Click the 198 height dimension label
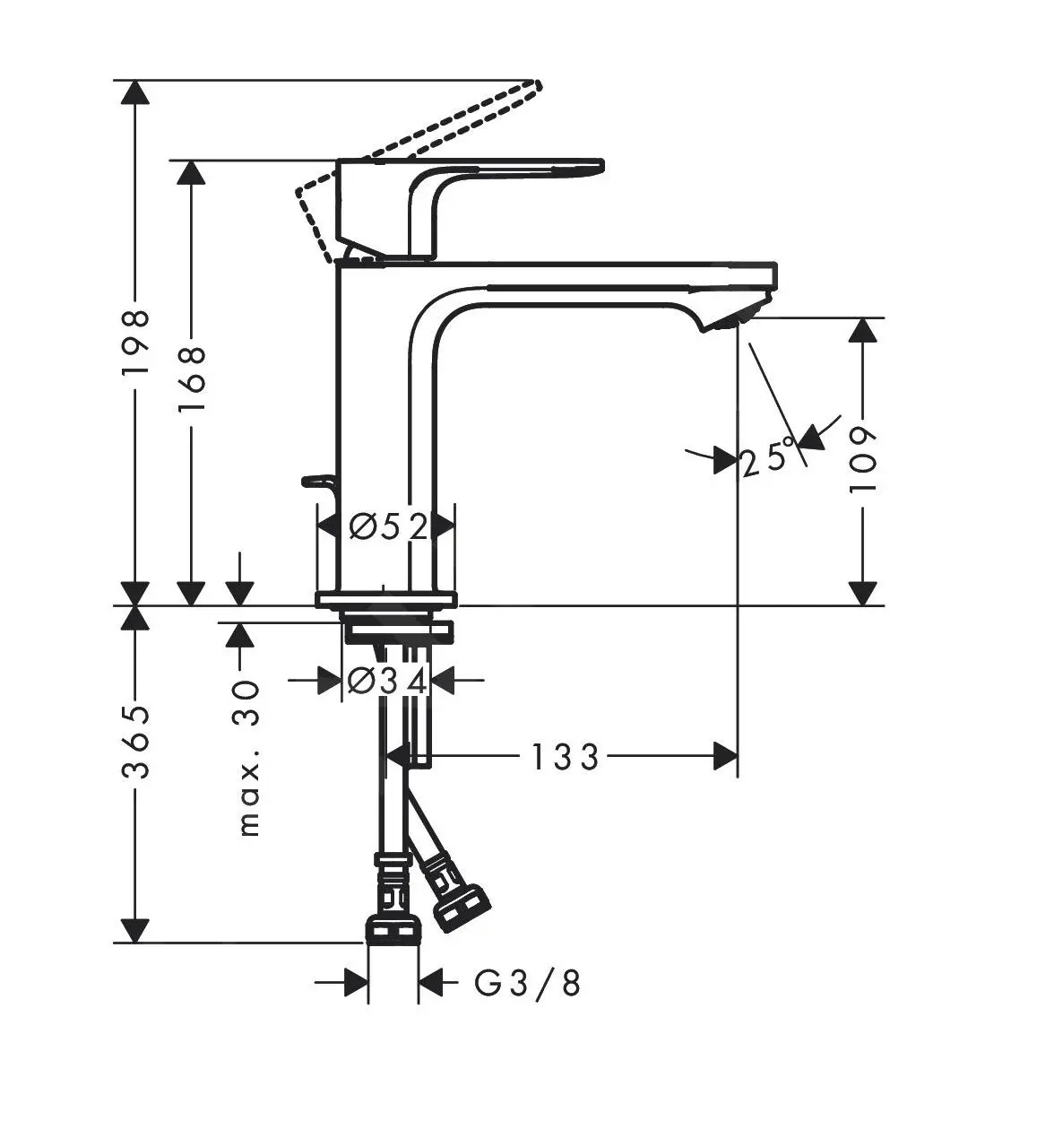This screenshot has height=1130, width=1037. click(134, 343)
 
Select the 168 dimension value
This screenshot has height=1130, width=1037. click(191, 378)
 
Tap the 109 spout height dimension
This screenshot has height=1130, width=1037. click(863, 459)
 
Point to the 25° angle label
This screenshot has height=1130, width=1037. click(768, 458)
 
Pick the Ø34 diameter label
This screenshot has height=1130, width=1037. click(386, 681)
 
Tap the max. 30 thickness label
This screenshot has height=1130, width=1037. click(248, 759)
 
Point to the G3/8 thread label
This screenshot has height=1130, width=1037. click(527, 984)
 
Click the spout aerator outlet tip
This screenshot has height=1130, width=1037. click(737, 318)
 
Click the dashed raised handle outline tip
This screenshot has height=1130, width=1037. click(534, 86)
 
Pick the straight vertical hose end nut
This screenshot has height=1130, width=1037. click(393, 928)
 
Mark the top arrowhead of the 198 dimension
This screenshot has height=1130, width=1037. click(134, 93)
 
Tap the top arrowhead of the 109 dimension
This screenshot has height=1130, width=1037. click(863, 331)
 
